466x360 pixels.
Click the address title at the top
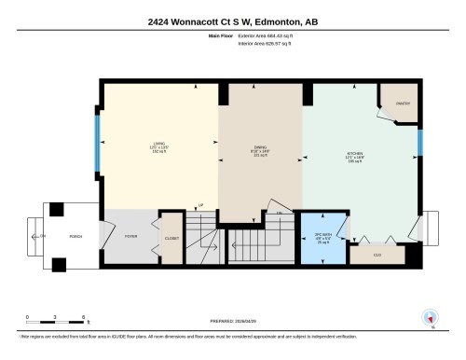tap(233, 21)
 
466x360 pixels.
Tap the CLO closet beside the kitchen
tap(377, 254)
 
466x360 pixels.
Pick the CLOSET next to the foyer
tap(172, 237)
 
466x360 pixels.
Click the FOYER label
tap(130, 237)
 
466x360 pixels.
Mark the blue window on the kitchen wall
tap(420, 143)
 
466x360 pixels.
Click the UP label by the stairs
tap(199, 205)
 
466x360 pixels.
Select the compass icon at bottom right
tap(430, 317)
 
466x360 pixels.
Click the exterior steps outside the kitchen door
tap(431, 226)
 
